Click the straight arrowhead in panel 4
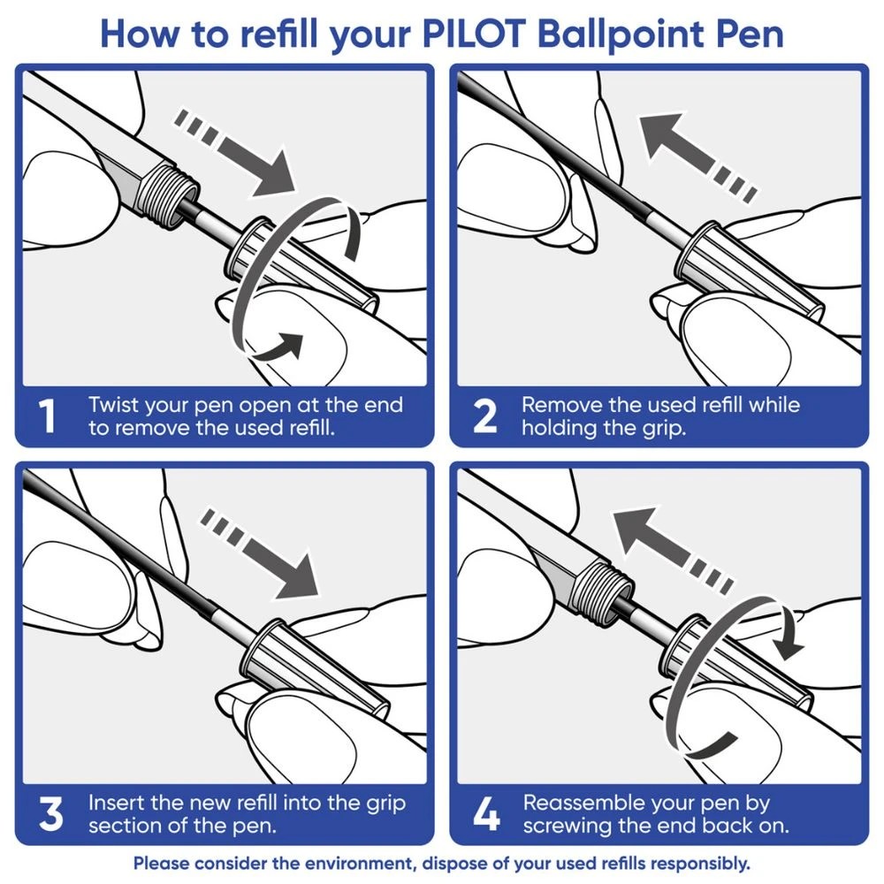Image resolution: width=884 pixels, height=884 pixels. pyautogui.click(x=632, y=530)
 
